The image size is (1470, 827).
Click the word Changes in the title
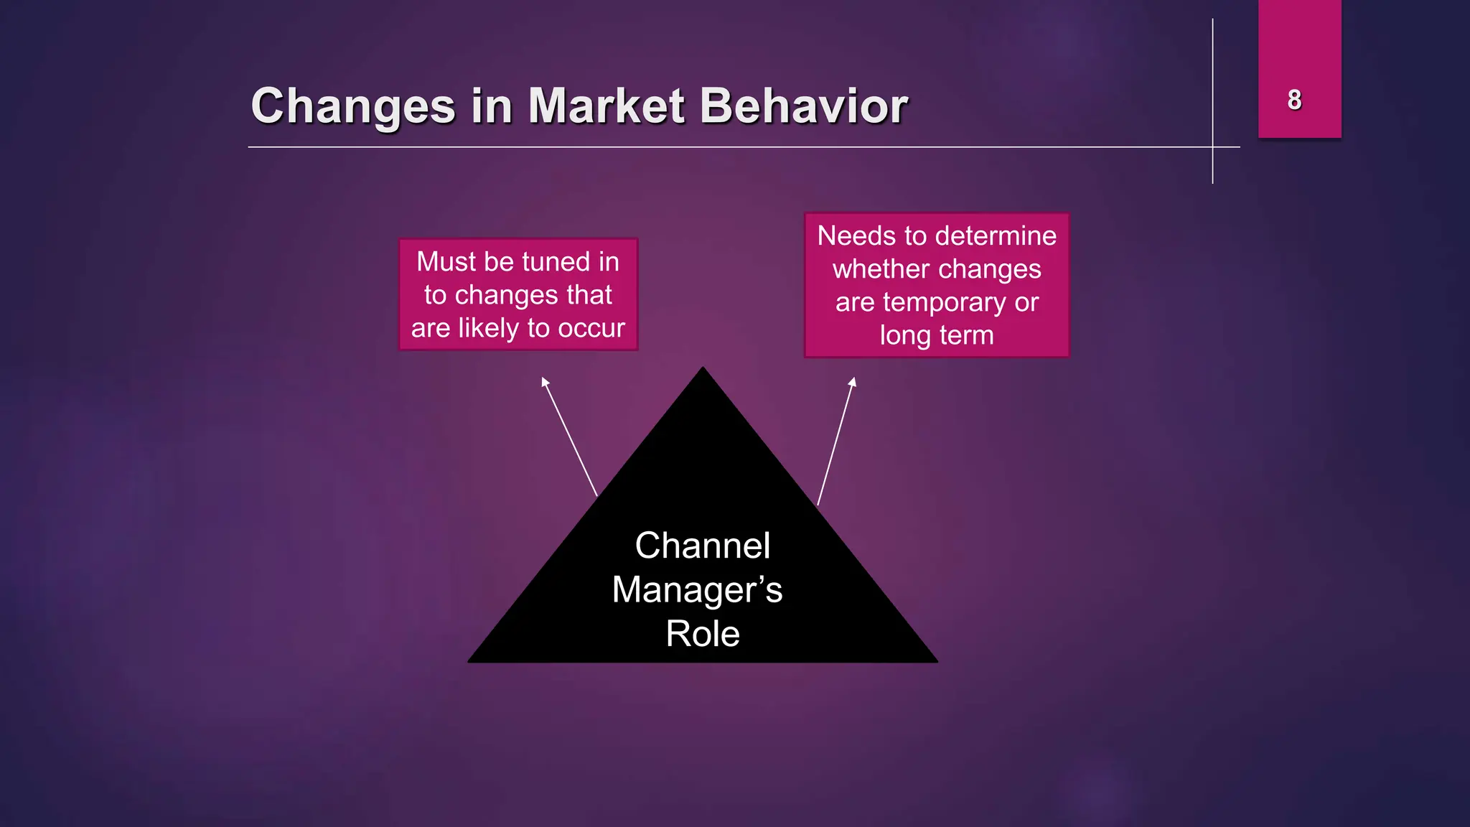(x=353, y=106)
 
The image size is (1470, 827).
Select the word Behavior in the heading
(x=803, y=106)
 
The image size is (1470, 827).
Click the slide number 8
(x=1294, y=100)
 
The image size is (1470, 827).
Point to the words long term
(x=937, y=335)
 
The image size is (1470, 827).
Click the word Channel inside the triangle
(x=702, y=546)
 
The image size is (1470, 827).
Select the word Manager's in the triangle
(x=696, y=590)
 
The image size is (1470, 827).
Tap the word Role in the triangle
(x=702, y=634)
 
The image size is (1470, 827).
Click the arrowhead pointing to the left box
(x=545, y=381)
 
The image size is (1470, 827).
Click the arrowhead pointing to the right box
(x=853, y=381)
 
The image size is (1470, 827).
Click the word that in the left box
(x=589, y=295)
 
